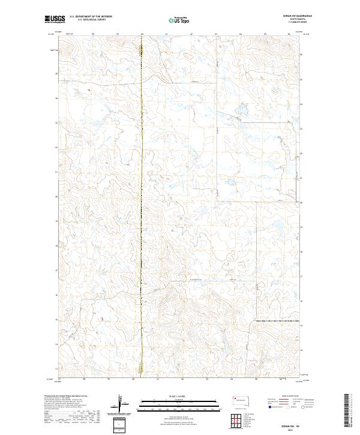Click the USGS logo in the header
[55, 20]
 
